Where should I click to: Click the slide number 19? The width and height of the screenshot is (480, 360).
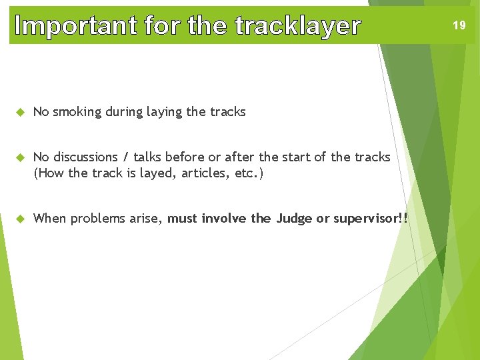[459, 25]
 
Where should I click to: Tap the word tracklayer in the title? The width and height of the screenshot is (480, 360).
[298, 26]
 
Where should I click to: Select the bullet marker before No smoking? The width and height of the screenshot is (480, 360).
[20, 112]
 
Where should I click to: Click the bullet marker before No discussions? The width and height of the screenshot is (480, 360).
[20, 157]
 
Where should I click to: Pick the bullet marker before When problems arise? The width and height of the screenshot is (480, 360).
[20, 219]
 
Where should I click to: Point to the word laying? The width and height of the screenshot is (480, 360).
[164, 112]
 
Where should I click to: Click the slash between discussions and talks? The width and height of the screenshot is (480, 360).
[125, 157]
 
